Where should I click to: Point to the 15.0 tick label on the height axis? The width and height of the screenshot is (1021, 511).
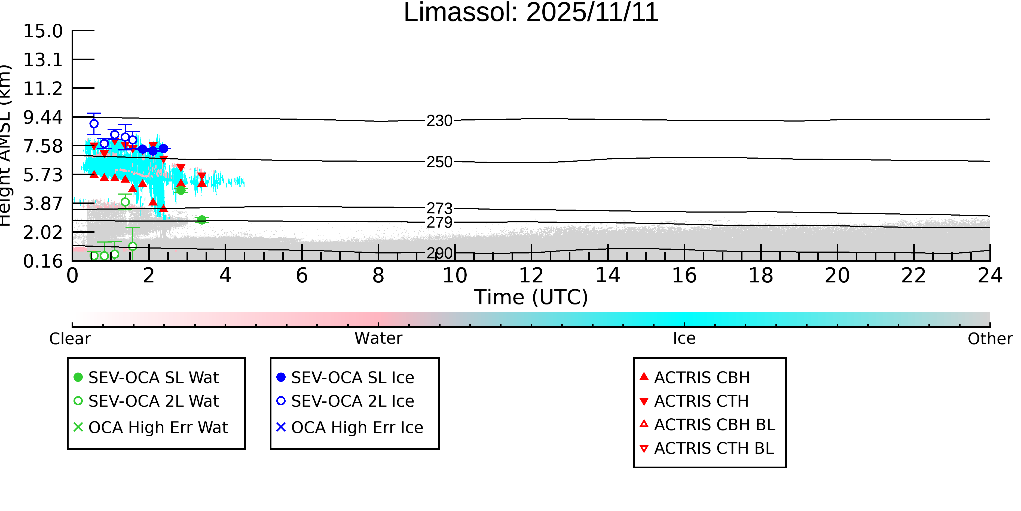[43, 31]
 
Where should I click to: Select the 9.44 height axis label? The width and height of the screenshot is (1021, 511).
[43, 117]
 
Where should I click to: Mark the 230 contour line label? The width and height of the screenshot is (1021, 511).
[439, 121]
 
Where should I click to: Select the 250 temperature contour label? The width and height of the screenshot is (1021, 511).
[439, 162]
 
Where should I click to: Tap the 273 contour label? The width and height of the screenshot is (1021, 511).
[439, 208]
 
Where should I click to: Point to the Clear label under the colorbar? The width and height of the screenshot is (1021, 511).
[70, 339]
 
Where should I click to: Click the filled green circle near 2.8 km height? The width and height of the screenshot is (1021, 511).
[202, 220]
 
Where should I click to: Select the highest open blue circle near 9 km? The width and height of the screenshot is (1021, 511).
[94, 124]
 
